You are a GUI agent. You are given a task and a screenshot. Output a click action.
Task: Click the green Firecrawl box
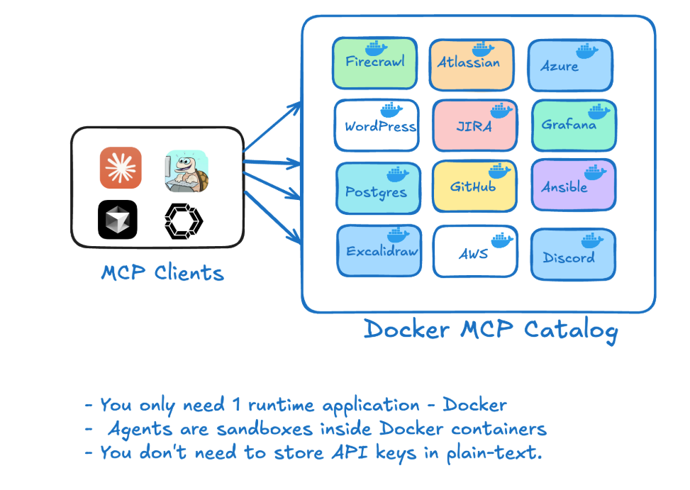(x=374, y=64)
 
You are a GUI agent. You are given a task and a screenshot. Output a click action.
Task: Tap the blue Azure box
(x=569, y=66)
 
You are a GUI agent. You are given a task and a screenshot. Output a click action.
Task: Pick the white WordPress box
(x=377, y=126)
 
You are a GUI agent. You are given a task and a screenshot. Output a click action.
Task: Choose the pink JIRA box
(x=473, y=126)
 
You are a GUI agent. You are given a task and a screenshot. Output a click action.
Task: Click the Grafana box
(x=573, y=126)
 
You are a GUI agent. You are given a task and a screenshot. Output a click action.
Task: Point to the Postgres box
(x=377, y=189)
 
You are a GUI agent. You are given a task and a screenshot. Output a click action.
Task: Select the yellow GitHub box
(x=472, y=186)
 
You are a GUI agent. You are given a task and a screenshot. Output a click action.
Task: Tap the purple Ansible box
(x=573, y=185)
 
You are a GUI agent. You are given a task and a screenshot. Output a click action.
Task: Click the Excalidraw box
(x=379, y=250)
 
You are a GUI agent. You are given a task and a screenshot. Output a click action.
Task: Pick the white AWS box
(x=473, y=250)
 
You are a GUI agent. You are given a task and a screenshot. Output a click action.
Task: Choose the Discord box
(x=572, y=254)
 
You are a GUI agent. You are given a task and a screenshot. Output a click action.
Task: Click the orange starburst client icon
(x=121, y=168)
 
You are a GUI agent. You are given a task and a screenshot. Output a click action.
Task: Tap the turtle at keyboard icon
(x=187, y=171)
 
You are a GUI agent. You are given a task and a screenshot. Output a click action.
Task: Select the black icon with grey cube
(x=118, y=220)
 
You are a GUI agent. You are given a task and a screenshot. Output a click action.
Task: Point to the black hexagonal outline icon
(x=184, y=220)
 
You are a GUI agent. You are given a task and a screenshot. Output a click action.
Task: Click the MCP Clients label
(x=162, y=272)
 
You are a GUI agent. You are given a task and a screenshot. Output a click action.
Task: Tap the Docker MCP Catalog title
(x=491, y=330)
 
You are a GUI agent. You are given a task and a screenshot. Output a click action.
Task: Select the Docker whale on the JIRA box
(x=500, y=111)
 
